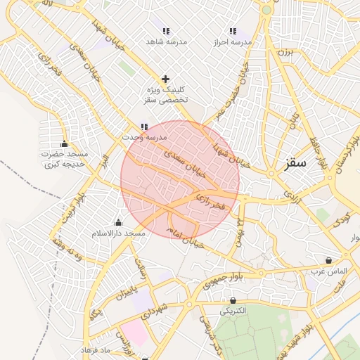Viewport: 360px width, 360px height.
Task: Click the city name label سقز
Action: [x=296, y=163]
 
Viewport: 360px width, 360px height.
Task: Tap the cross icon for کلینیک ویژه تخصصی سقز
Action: [x=165, y=79]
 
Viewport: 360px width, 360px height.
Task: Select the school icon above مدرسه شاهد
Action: [x=166, y=32]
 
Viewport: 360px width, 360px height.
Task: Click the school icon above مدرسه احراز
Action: [x=233, y=32]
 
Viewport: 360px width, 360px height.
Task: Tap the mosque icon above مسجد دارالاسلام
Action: [x=118, y=223]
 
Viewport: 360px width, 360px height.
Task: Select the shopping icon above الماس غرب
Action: [x=328, y=260]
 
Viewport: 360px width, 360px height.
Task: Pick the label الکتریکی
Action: [x=233, y=310]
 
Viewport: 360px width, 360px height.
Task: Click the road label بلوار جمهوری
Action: [x=222, y=281]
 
